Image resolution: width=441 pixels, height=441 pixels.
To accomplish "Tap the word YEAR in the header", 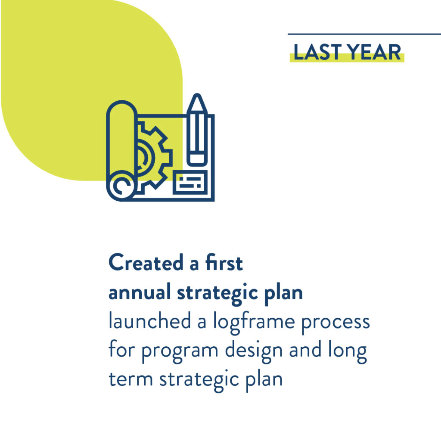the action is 374,52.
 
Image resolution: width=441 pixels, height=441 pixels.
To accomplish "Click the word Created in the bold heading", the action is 146,262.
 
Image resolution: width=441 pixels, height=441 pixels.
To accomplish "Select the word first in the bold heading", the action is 224,262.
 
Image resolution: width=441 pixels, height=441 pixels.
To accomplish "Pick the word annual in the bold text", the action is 140,292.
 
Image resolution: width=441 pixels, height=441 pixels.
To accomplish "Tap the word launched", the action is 150,321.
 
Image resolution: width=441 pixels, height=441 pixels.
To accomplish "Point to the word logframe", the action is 254,323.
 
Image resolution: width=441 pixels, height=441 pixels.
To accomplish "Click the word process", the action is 335,324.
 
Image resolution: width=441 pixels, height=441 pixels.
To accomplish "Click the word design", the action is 254,351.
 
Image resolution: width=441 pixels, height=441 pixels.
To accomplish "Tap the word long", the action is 348,351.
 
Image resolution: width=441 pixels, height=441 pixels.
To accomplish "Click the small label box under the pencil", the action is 190,182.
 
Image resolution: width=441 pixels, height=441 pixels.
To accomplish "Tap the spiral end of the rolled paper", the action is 122,186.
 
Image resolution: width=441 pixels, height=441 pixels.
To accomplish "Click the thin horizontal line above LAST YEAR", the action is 364,34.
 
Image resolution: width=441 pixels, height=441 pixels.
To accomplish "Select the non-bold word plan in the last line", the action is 264,381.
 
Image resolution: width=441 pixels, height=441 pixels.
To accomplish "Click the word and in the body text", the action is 305,350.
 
